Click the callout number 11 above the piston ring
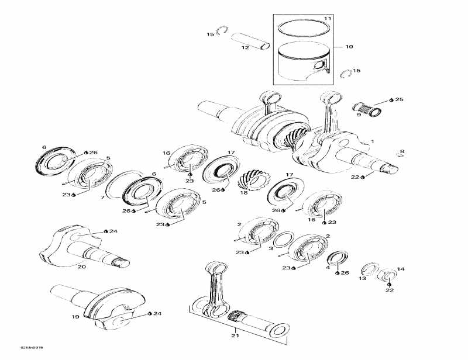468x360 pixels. tap(328, 19)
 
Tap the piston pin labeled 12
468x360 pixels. tap(249, 41)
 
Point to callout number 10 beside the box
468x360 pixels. tap(349, 46)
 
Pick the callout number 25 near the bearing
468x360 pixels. tap(400, 100)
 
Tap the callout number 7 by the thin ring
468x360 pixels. tap(104, 198)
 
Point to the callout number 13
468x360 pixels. tap(362, 279)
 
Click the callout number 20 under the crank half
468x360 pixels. tap(81, 266)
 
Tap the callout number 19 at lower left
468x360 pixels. tap(75, 317)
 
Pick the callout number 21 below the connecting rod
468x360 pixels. tap(235, 335)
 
